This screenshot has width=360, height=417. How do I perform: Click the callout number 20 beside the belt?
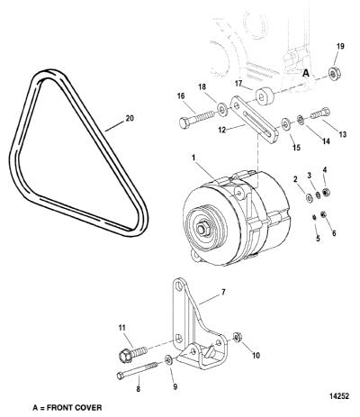[130, 118]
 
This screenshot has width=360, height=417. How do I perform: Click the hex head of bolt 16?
[184, 122]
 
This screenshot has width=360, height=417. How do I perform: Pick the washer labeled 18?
[222, 110]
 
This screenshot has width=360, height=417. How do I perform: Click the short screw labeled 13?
[320, 113]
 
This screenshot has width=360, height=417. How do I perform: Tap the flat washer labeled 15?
[285, 122]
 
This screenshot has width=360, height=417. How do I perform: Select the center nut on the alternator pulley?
[202, 229]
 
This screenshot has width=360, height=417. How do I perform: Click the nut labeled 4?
[327, 192]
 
